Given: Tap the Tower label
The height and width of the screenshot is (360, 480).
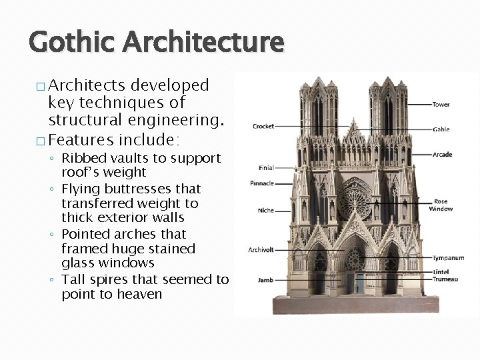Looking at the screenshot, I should click(441, 105).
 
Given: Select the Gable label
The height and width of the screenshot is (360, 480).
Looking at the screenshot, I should click(441, 129).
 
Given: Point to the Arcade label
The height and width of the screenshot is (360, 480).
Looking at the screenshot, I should click(442, 155).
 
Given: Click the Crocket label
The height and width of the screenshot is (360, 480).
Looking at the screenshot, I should click(263, 126).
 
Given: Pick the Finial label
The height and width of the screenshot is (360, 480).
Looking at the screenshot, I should click(265, 167).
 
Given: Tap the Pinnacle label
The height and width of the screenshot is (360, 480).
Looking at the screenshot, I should click(262, 183).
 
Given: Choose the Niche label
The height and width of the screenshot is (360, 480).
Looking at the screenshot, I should click(265, 211).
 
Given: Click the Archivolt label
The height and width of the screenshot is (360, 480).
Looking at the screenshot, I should click(261, 250).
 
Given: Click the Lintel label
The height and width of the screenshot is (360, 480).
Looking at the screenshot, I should click(441, 273).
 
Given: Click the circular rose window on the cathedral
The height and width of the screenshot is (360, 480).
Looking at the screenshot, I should click(354, 201).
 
